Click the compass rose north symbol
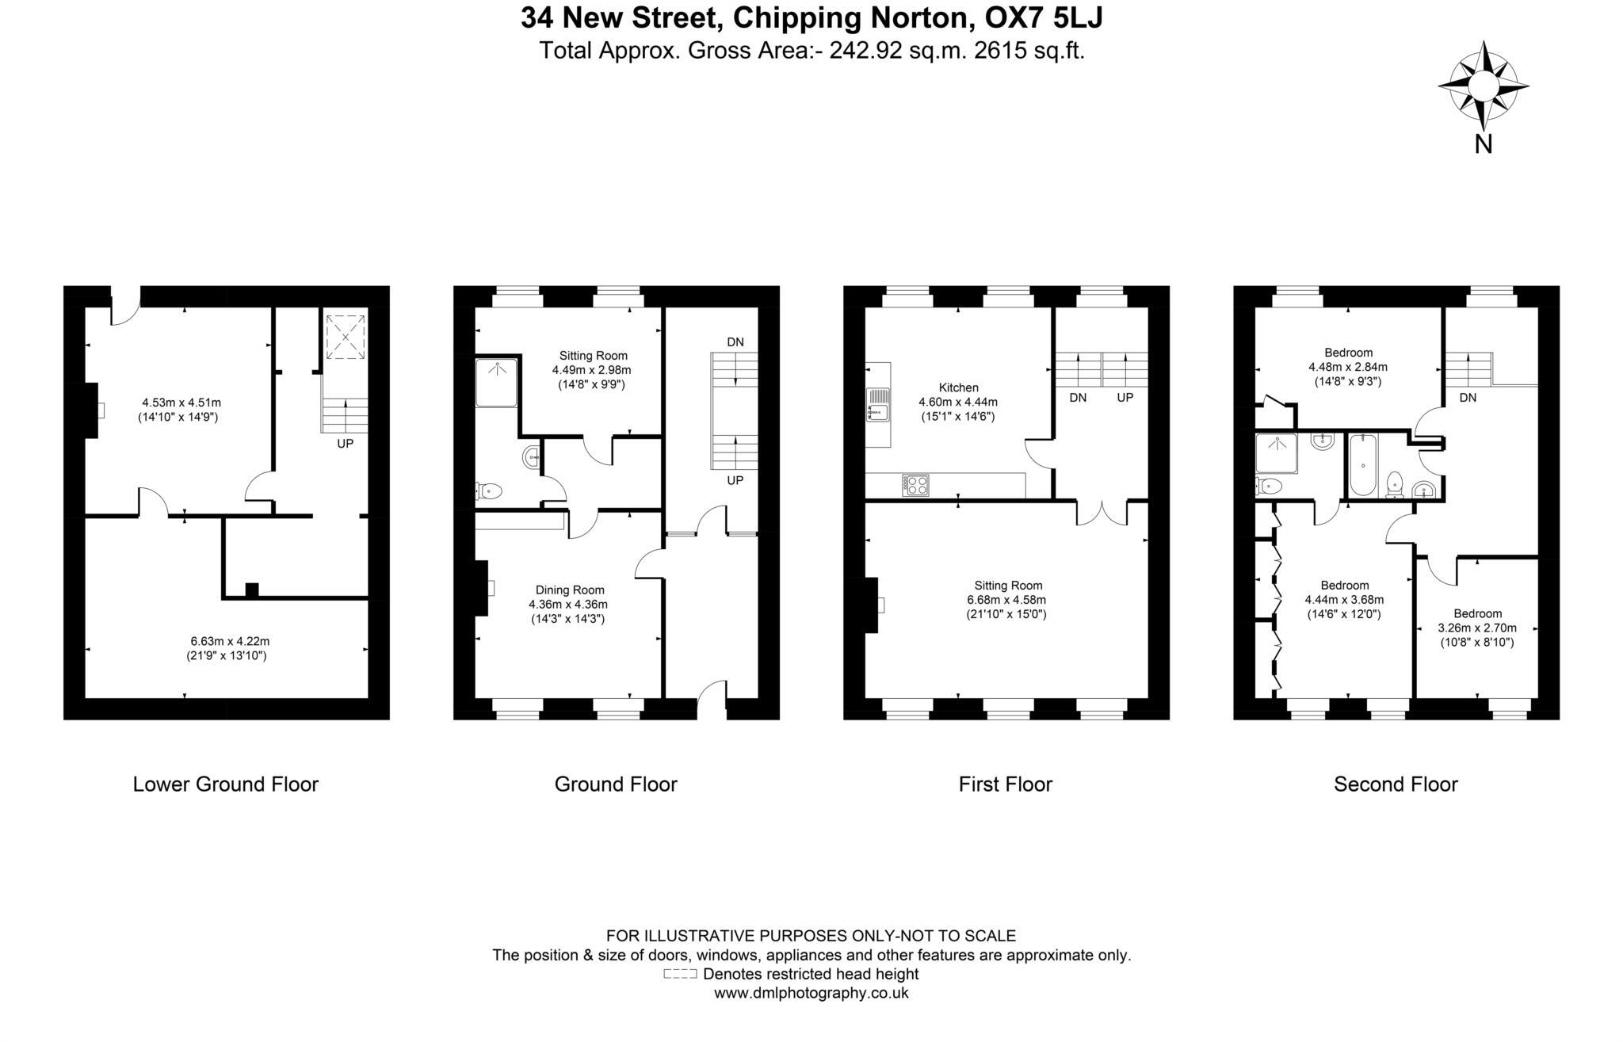coord(1483,87)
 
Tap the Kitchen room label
coord(958,387)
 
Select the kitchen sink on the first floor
coord(876,404)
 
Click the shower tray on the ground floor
coord(497,383)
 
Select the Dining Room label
coord(569,590)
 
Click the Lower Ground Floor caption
coord(225,784)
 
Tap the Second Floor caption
coord(1396,784)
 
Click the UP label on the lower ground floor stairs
coord(345,444)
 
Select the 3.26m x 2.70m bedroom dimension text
coord(1477,628)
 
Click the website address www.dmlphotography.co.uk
coord(811,993)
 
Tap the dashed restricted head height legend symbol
coord(680,974)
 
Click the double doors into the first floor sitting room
coord(1101,513)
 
